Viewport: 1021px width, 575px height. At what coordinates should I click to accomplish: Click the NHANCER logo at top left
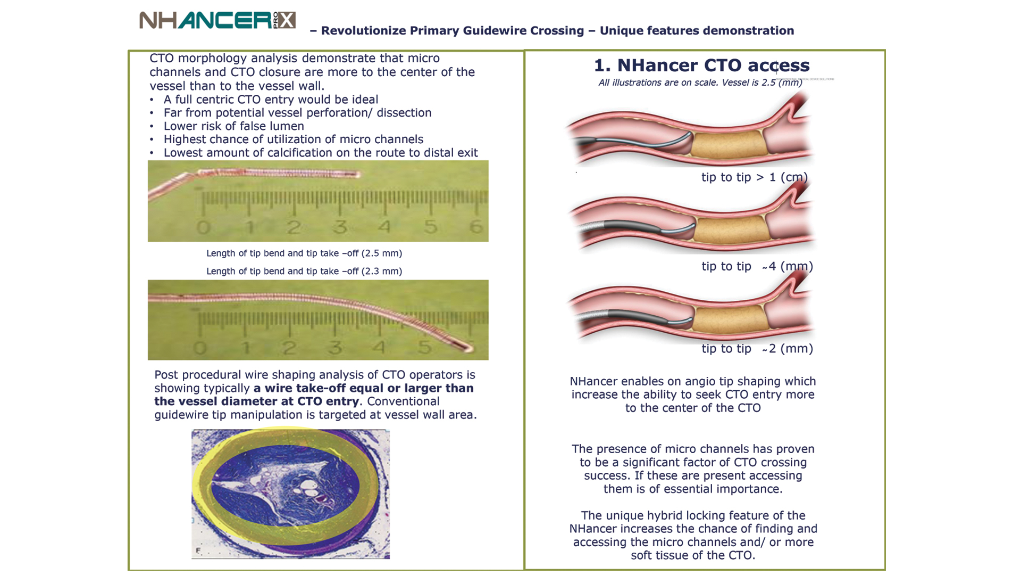217,20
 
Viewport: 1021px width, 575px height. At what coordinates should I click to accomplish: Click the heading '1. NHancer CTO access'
701,65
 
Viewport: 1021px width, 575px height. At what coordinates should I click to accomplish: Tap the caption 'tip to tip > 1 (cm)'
755,177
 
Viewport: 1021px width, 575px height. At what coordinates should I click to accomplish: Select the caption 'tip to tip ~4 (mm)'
757,266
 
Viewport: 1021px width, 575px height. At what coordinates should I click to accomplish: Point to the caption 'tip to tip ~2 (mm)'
757,349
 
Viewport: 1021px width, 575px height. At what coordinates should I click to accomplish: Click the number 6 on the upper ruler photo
476,227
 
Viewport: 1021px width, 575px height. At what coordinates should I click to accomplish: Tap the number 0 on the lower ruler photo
200,348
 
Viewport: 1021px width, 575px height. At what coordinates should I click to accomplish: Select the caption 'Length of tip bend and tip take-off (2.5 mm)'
304,253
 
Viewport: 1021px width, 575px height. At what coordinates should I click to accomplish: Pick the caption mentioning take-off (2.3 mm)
304,272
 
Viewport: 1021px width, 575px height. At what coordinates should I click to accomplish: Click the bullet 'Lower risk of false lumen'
234,126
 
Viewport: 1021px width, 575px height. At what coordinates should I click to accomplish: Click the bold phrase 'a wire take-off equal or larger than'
364,388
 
